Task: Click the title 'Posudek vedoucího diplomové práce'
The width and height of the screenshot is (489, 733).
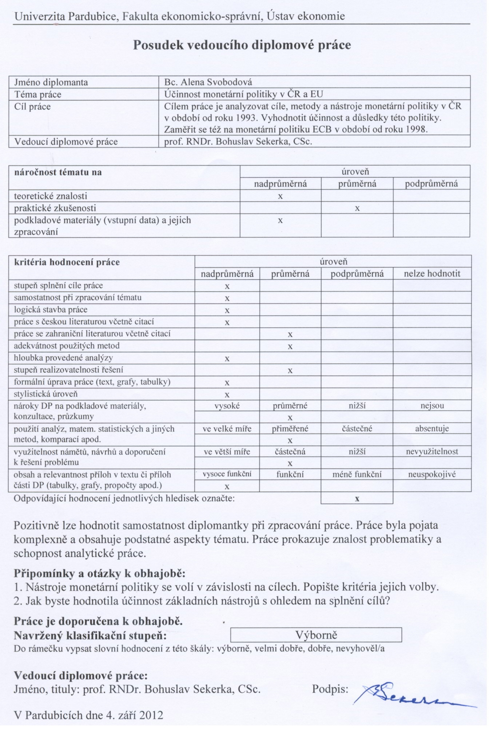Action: pos(242,45)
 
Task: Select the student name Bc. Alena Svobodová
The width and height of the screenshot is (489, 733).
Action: pos(208,82)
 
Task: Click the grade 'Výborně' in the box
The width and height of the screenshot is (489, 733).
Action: pos(316,635)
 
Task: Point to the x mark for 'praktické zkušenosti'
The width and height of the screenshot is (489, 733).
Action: pos(357,209)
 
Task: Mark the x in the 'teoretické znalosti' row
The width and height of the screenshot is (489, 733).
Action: pos(280,197)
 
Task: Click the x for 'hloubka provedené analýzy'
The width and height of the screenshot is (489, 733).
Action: pos(227,359)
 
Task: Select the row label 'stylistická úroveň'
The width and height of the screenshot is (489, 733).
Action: pos(46,394)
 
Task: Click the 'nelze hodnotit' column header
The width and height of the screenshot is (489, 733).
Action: pos(432,274)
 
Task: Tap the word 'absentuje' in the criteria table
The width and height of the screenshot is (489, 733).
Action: pos(432,429)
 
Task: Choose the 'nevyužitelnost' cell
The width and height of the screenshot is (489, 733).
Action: pos(432,452)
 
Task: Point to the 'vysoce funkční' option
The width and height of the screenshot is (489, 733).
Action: pos(227,474)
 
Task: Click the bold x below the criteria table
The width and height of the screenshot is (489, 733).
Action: pos(357,499)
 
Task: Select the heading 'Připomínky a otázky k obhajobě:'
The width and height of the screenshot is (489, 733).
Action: pos(100,574)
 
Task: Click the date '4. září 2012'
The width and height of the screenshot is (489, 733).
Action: pos(135,715)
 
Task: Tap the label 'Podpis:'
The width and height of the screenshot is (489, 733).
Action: pos(330,689)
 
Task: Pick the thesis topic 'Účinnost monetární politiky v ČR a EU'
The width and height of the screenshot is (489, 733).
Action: pos(243,94)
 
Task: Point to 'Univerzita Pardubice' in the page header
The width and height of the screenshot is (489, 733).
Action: pos(66,16)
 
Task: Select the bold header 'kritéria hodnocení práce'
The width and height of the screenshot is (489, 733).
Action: pos(67,262)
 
